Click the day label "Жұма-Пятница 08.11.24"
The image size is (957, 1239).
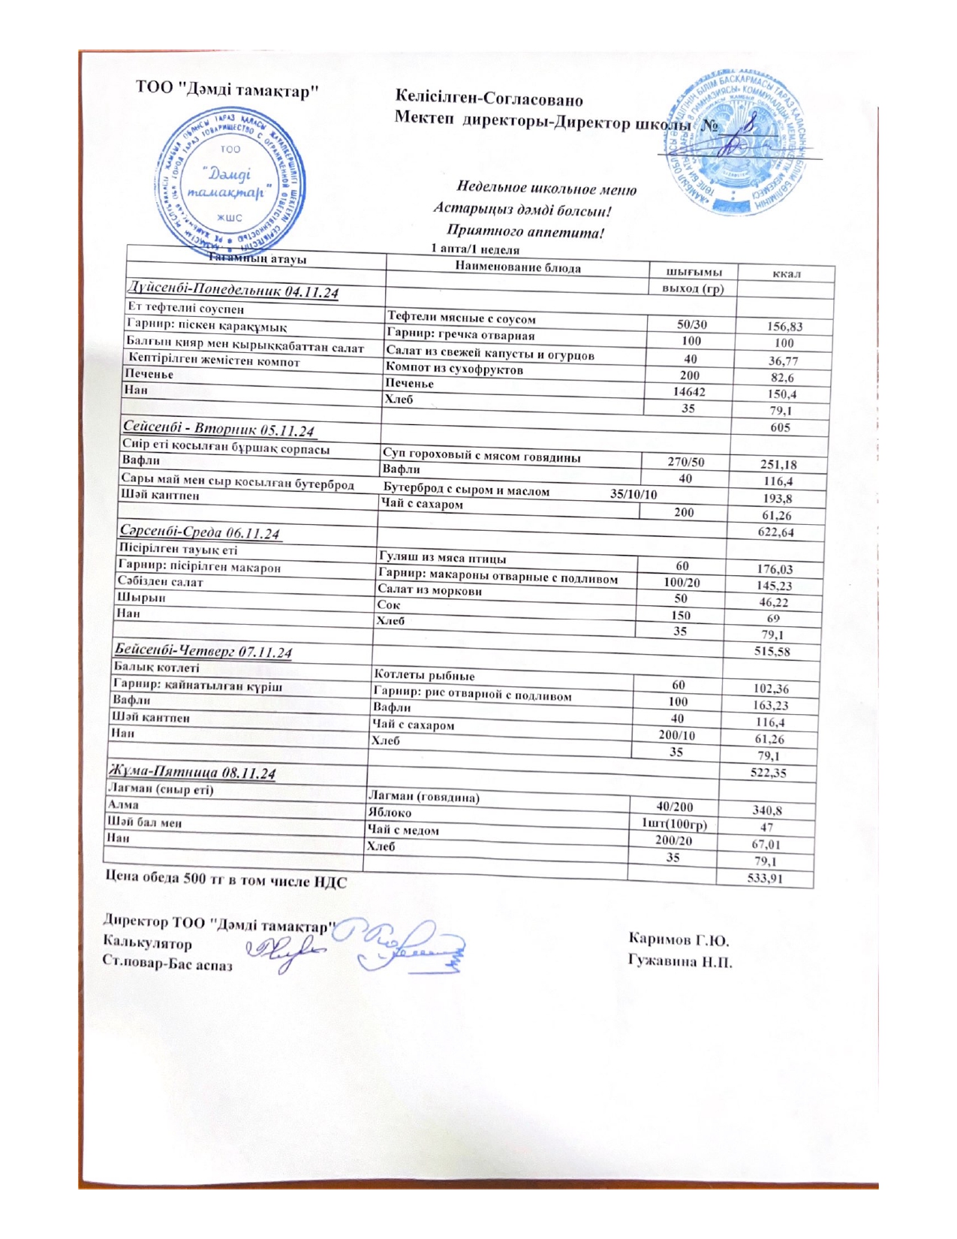[x=192, y=772]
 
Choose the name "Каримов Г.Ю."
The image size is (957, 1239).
[x=679, y=939]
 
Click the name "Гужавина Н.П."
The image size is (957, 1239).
[x=681, y=961]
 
